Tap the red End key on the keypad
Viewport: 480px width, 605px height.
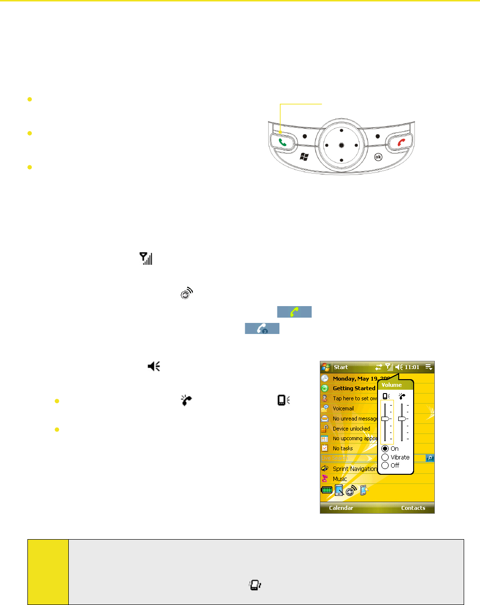pyautogui.click(x=400, y=142)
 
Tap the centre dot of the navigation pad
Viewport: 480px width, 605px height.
pyautogui.click(x=341, y=145)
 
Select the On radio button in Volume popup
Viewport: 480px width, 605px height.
pyautogui.click(x=385, y=448)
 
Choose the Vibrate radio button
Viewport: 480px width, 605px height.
pyautogui.click(x=385, y=457)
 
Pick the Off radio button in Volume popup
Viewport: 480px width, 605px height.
pyautogui.click(x=385, y=465)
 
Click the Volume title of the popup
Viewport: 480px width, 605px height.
pyautogui.click(x=392, y=385)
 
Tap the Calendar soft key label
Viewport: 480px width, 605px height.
pyautogui.click(x=341, y=508)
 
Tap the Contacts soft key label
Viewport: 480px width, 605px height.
pyautogui.click(x=413, y=508)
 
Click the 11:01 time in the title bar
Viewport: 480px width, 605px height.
pyautogui.click(x=412, y=367)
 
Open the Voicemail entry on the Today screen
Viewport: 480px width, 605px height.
pyautogui.click(x=343, y=408)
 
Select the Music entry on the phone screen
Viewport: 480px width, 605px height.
pyautogui.click(x=340, y=479)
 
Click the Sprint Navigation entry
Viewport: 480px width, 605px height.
pyautogui.click(x=354, y=469)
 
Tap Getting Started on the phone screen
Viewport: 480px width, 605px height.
pyautogui.click(x=354, y=388)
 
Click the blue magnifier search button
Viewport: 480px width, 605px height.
pyautogui.click(x=430, y=458)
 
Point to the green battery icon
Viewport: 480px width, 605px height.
pyautogui.click(x=327, y=491)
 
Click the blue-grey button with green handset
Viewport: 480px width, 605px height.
pyautogui.click(x=294, y=312)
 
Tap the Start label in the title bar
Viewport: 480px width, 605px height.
pyautogui.click(x=341, y=367)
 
